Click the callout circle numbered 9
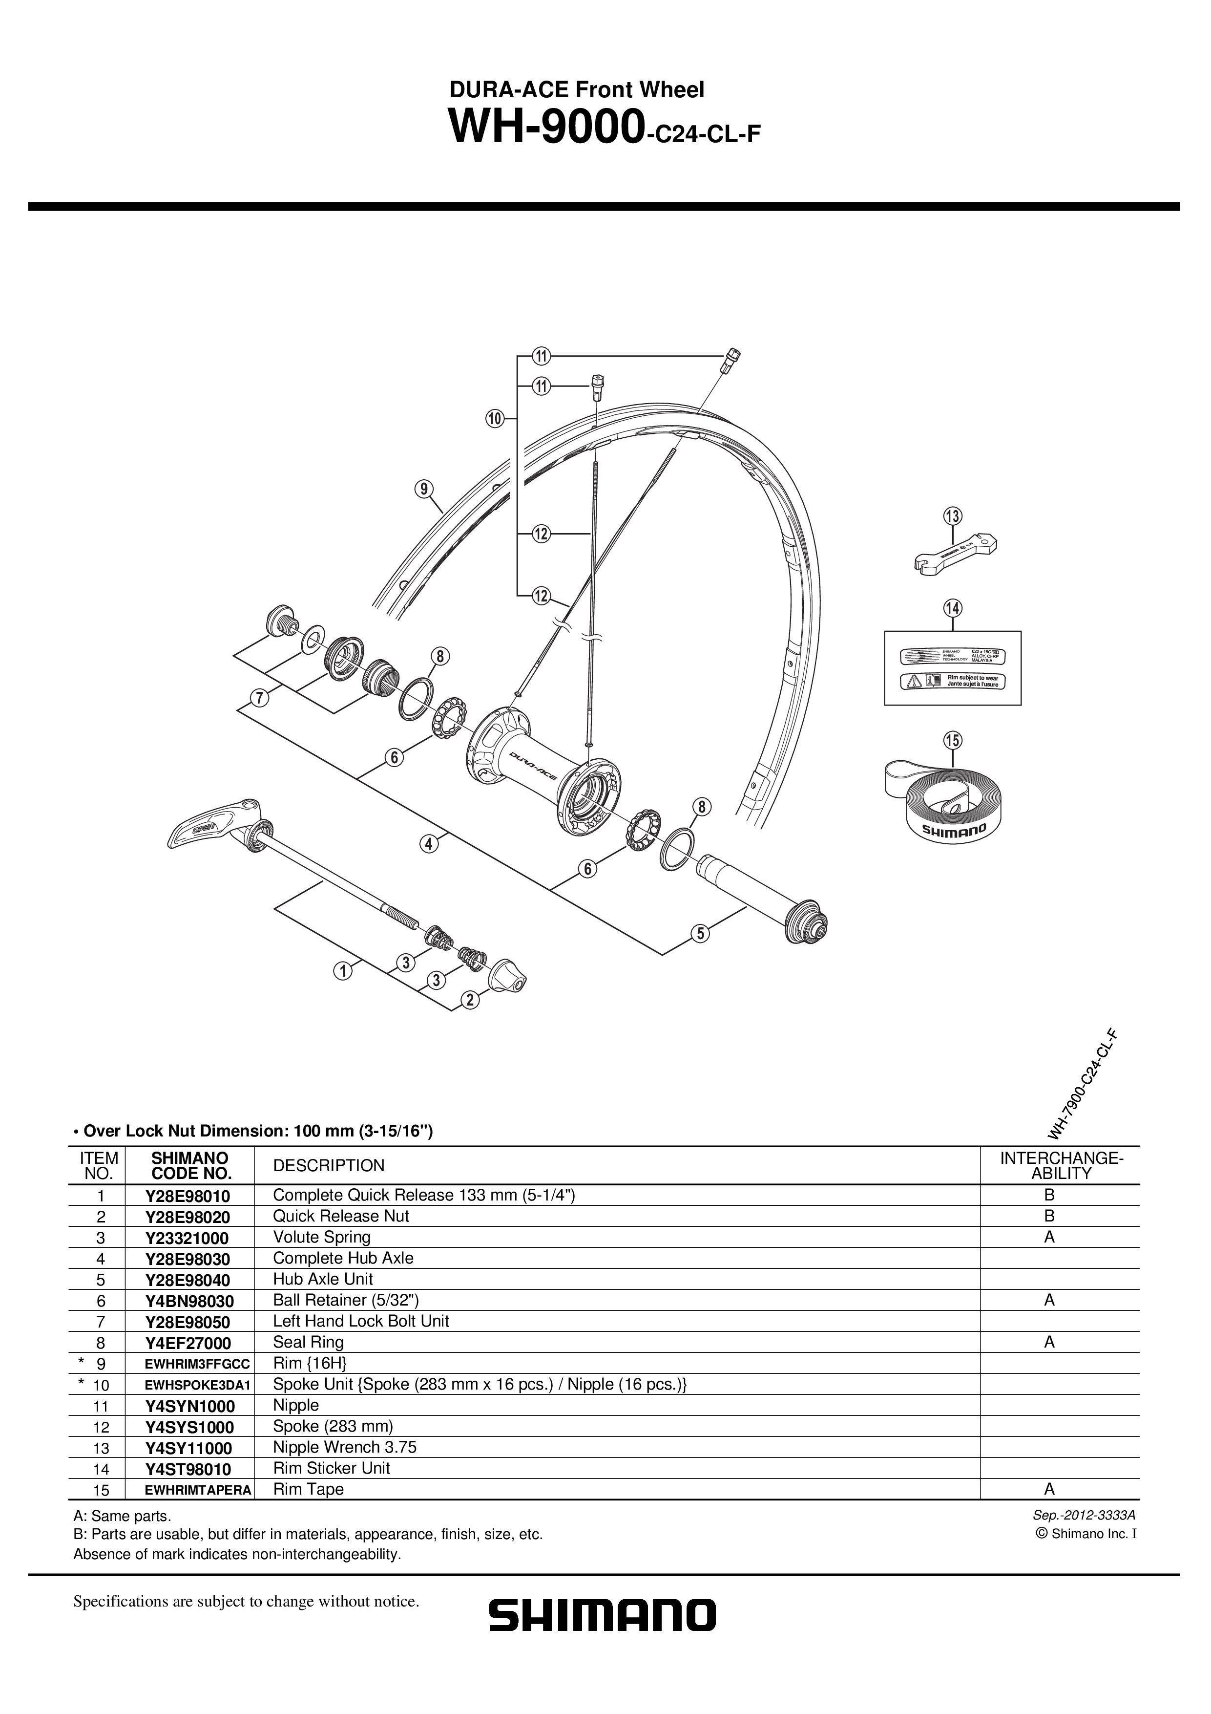point(424,489)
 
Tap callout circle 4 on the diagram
point(428,844)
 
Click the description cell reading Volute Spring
point(322,1237)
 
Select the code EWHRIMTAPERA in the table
point(198,1489)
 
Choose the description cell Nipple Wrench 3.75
point(345,1447)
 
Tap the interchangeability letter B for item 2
point(1049,1216)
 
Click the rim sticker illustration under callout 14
point(952,668)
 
